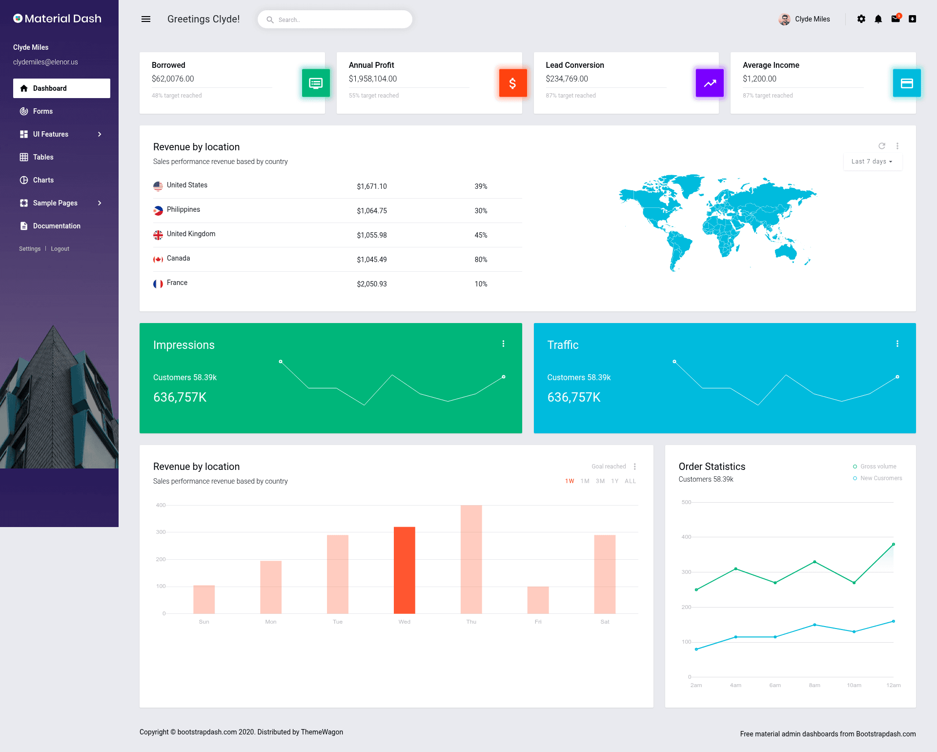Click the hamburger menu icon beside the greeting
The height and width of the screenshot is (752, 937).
point(145,19)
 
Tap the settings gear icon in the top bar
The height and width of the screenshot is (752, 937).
point(861,19)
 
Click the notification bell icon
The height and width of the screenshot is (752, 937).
point(878,19)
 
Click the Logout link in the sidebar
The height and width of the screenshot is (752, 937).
point(60,249)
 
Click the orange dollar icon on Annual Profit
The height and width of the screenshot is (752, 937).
point(513,83)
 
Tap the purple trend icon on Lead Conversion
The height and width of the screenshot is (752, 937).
point(710,83)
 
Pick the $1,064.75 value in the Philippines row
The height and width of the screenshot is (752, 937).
point(372,211)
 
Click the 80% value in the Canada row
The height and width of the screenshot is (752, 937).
point(481,260)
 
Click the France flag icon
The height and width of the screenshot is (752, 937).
point(158,284)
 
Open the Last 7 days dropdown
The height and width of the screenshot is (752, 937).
point(873,162)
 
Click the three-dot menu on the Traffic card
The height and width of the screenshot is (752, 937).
point(897,344)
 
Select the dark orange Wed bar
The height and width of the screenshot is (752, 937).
point(405,570)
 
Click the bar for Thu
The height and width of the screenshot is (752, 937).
point(471,559)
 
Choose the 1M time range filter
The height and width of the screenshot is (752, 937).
point(585,481)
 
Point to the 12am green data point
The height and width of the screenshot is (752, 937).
point(894,544)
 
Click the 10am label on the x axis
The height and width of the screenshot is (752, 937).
point(854,685)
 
